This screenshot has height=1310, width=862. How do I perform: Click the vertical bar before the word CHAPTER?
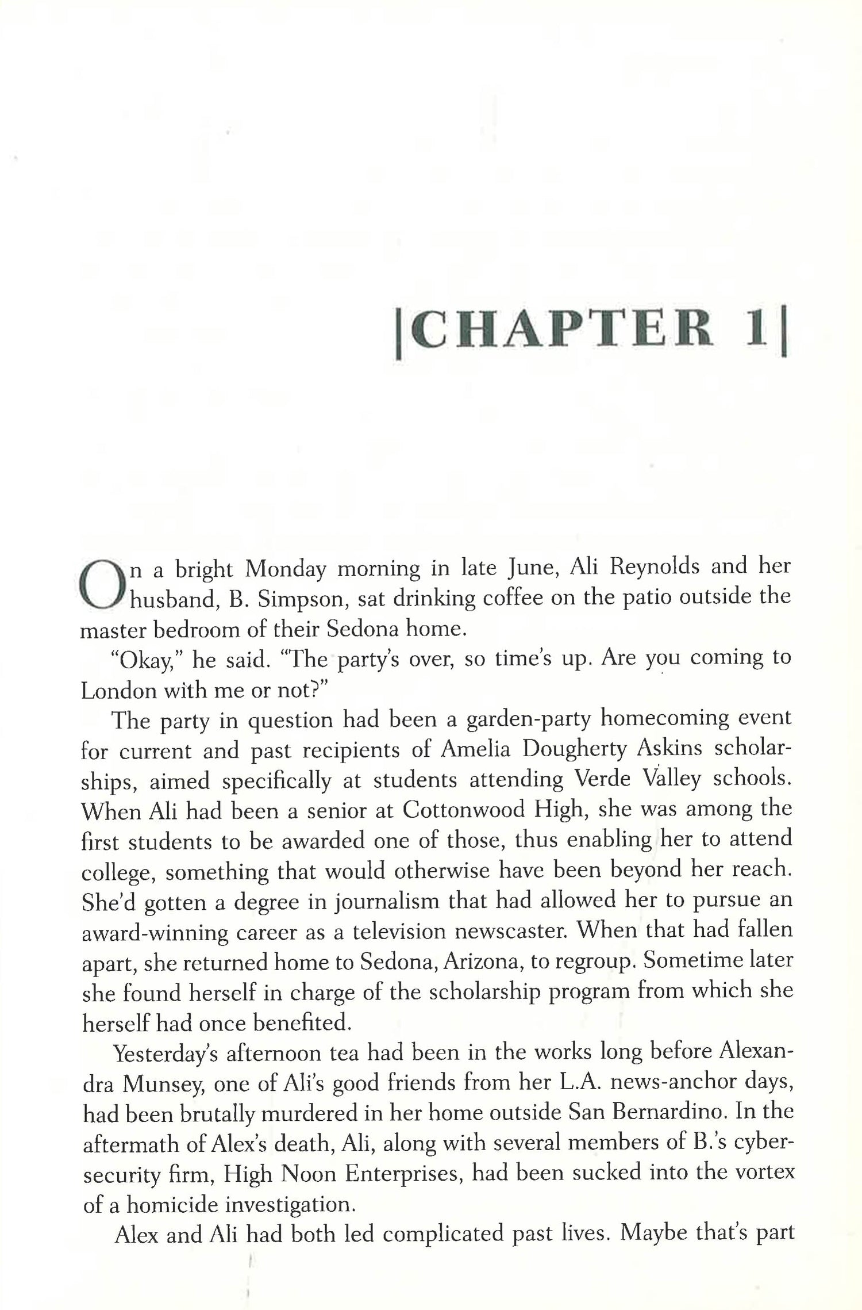[400, 339]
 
